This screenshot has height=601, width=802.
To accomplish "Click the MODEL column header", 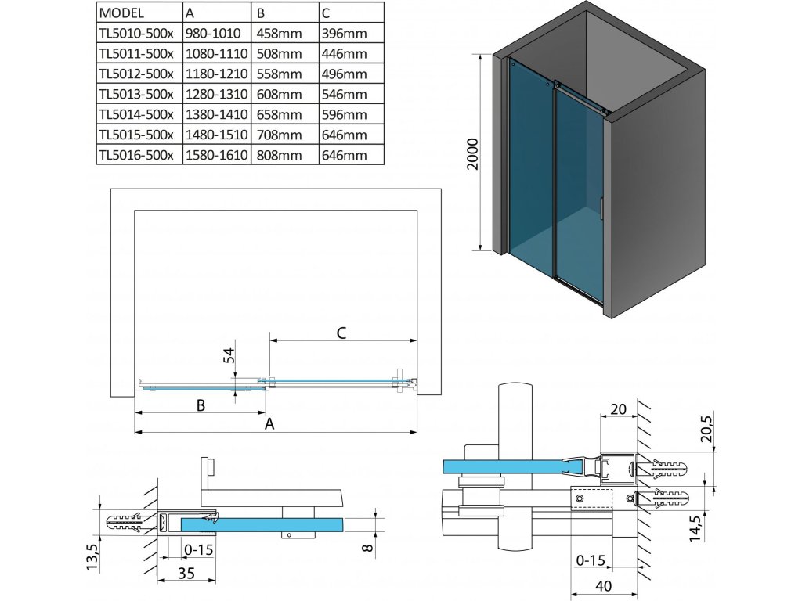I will point(124,13).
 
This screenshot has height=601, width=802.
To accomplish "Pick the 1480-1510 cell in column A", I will point(215,135).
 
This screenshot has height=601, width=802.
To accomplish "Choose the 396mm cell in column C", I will point(344,34).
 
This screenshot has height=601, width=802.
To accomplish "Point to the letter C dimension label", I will point(341,333).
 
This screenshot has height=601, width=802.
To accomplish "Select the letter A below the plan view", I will point(271,423).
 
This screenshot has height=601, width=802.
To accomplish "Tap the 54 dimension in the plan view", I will point(229,356).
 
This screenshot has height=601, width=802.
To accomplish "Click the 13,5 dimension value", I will point(93,556).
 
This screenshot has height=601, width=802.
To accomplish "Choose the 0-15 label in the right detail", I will point(591,560).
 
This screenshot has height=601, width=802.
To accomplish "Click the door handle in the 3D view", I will point(601,209).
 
